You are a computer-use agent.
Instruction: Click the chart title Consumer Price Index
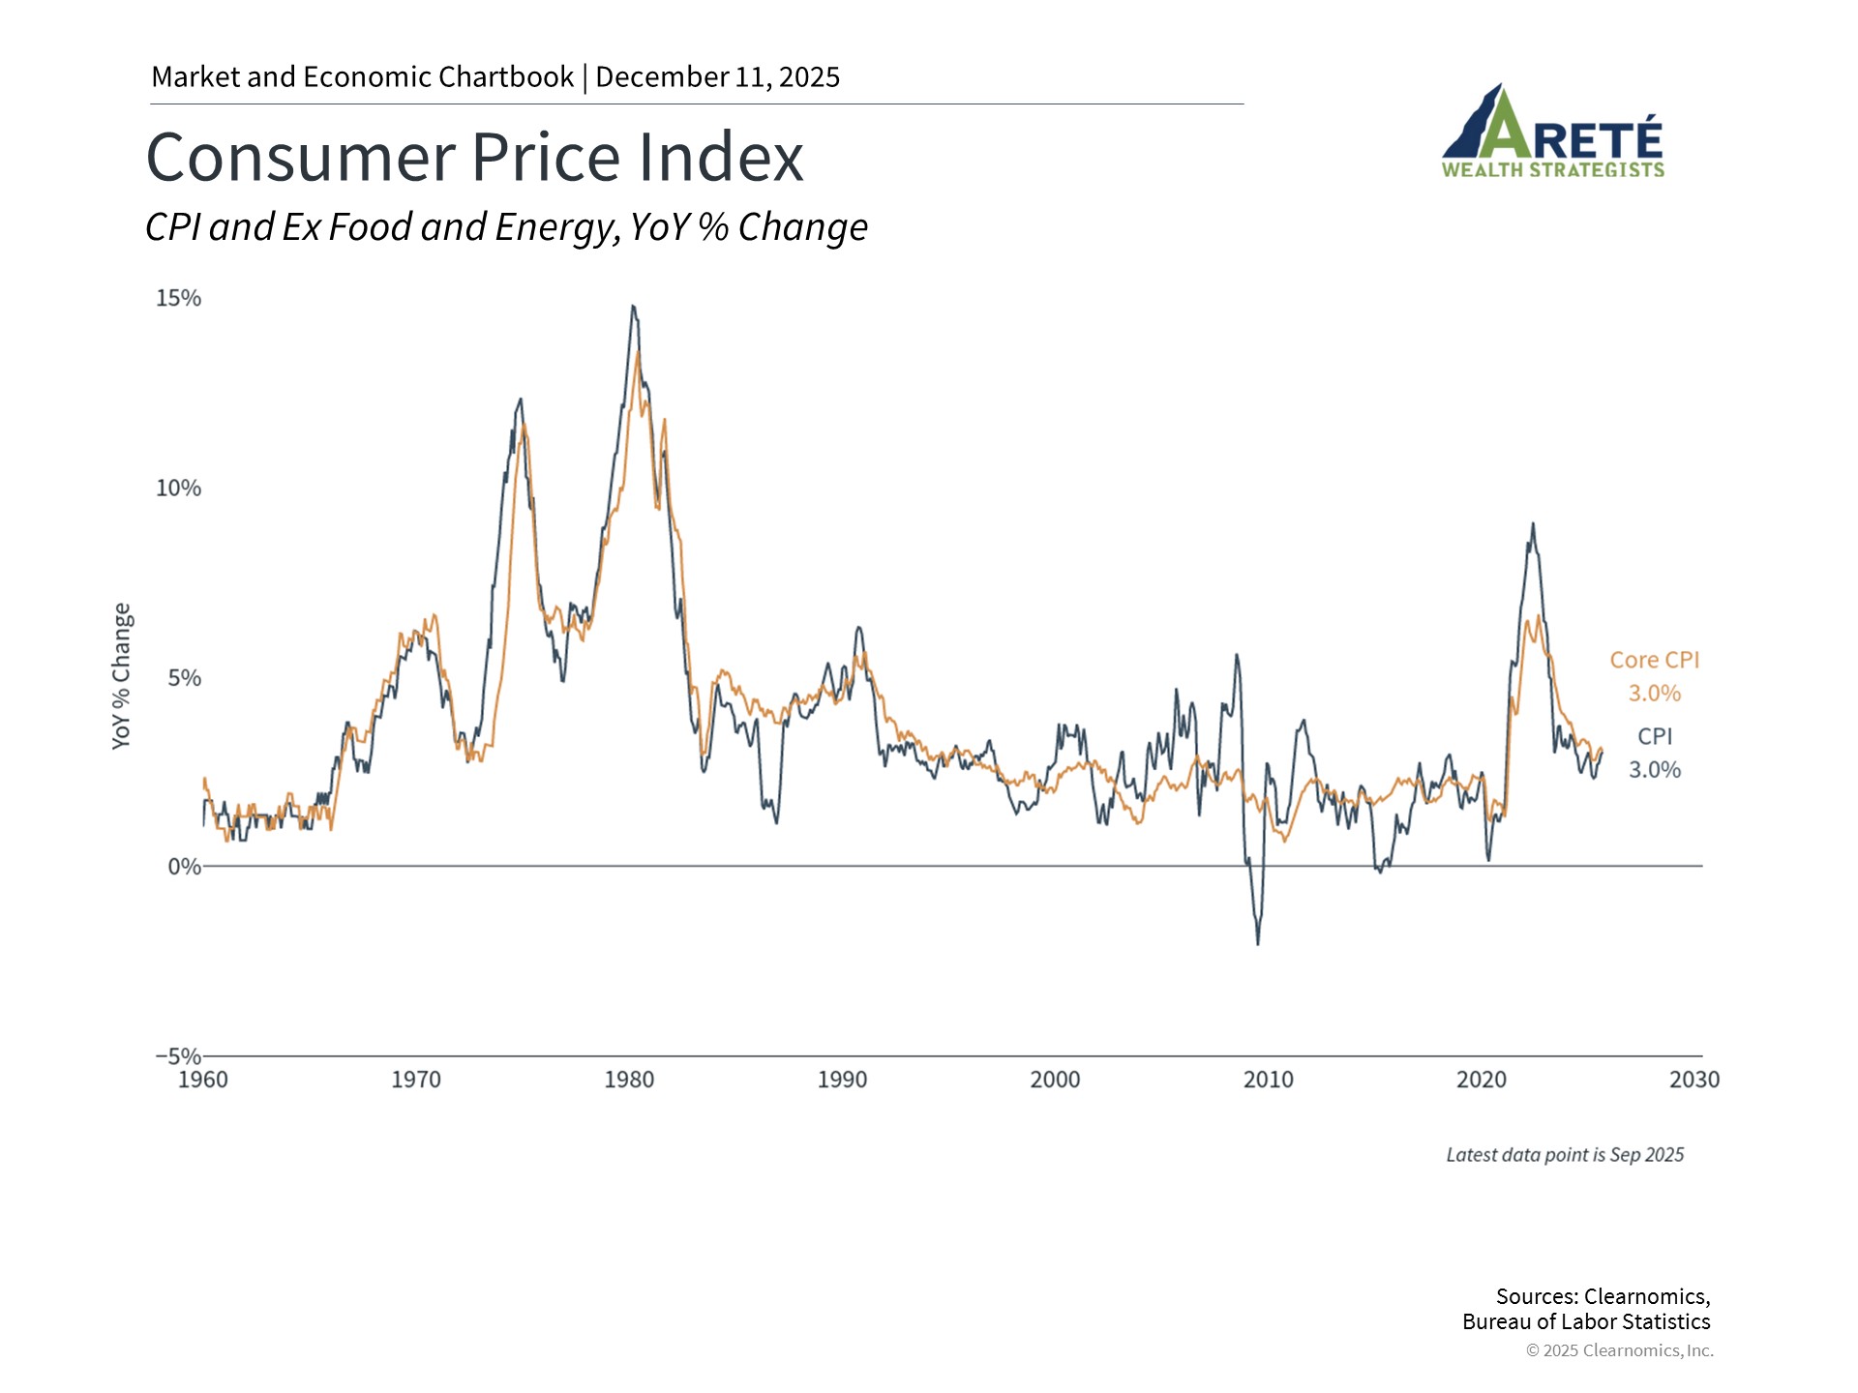(x=474, y=158)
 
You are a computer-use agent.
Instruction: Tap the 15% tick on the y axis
(x=179, y=298)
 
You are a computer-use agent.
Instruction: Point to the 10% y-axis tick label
(x=179, y=488)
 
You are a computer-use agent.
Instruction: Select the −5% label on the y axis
(x=178, y=1055)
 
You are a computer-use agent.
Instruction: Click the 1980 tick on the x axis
(x=629, y=1080)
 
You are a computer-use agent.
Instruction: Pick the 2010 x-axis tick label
(x=1268, y=1080)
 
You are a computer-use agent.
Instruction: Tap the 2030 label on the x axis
(x=1693, y=1080)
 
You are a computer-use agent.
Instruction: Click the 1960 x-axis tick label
(x=203, y=1080)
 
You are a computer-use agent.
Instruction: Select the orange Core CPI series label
(x=1654, y=660)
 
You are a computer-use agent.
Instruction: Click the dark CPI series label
(x=1655, y=736)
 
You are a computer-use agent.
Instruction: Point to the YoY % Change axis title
(x=121, y=675)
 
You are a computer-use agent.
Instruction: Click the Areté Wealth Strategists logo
(x=1552, y=133)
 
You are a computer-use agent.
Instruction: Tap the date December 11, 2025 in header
(x=717, y=77)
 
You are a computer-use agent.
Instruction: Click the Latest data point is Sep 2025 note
(x=1565, y=1154)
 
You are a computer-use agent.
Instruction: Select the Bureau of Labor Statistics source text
(x=1586, y=1321)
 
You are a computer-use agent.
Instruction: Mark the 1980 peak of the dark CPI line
(x=633, y=307)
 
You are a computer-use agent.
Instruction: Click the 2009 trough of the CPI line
(x=1258, y=943)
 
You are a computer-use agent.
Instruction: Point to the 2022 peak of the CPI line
(x=1533, y=524)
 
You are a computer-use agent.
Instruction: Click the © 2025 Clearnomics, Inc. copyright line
(x=1619, y=1350)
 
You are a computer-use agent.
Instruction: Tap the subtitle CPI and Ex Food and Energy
(x=506, y=227)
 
